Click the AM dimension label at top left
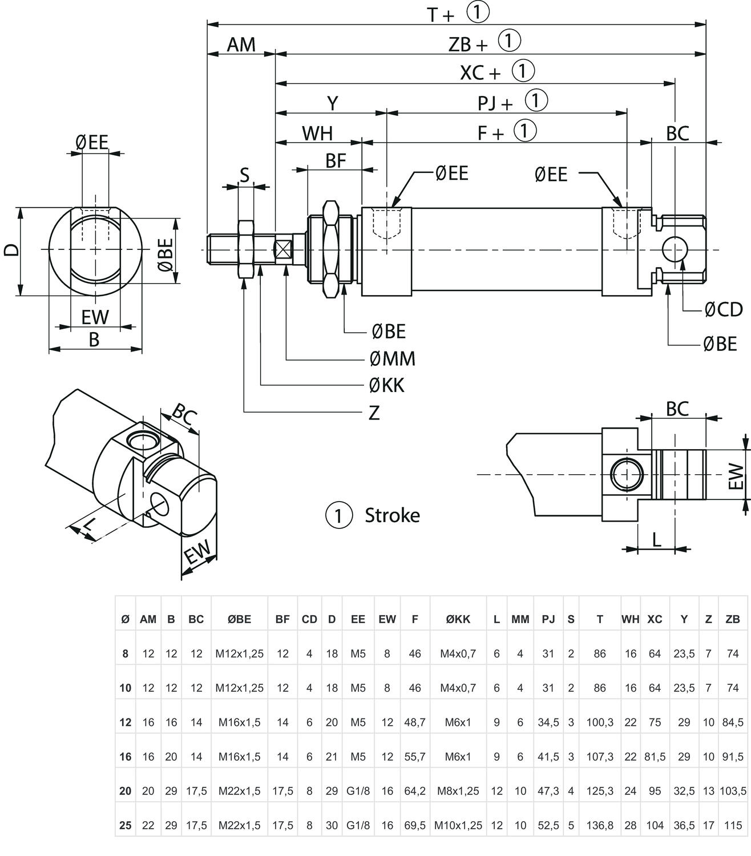click(x=241, y=45)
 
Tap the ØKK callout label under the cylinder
click(x=386, y=386)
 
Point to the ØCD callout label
click(x=723, y=309)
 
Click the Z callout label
click(x=374, y=413)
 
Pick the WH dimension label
click(x=317, y=133)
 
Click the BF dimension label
click(x=336, y=161)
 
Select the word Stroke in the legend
click(x=392, y=515)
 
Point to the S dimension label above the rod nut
click(x=244, y=175)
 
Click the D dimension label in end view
click(x=12, y=250)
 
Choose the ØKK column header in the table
click(x=458, y=619)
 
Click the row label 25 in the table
click(x=126, y=825)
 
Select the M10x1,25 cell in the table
click(x=458, y=825)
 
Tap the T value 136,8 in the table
click(x=599, y=825)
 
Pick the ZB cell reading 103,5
click(x=733, y=791)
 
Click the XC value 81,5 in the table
click(x=655, y=757)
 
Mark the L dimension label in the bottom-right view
click(x=656, y=539)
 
